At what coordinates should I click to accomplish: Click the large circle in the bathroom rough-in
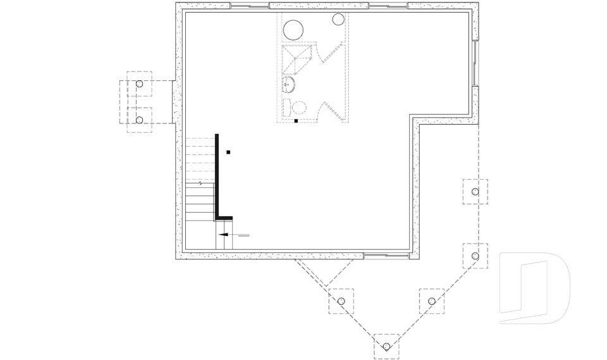point(294,30)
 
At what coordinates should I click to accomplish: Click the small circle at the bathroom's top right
point(338,19)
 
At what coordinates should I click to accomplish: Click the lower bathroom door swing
point(330,111)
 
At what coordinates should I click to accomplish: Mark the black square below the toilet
point(296,120)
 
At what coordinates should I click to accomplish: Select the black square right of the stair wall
point(228,152)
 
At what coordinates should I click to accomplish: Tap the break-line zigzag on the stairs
point(201,183)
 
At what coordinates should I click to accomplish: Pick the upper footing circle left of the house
point(140,84)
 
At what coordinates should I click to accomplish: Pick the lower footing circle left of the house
point(140,120)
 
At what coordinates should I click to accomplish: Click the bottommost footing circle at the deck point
point(386,346)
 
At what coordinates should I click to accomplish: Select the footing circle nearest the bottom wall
point(341,301)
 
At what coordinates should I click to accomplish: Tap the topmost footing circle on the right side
point(475,192)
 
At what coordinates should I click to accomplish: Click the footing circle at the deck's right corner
point(475,255)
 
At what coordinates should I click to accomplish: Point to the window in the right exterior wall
point(475,63)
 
